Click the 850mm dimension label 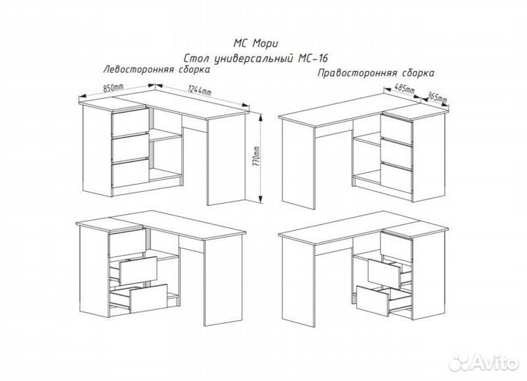click(x=113, y=88)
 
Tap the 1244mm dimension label click(x=200, y=90)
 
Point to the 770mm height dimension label click(x=257, y=158)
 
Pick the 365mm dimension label click(x=436, y=97)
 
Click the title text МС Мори click(x=255, y=43)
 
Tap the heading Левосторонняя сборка click(x=157, y=70)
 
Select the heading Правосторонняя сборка click(x=375, y=73)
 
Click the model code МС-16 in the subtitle click(x=313, y=58)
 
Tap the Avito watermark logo click(x=484, y=362)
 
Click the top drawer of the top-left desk click(x=130, y=122)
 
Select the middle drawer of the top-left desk click(x=130, y=147)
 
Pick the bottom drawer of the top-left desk click(x=130, y=173)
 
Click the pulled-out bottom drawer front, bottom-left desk click(x=149, y=298)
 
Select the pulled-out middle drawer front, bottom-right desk click(x=384, y=274)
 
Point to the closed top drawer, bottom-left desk click(x=127, y=243)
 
